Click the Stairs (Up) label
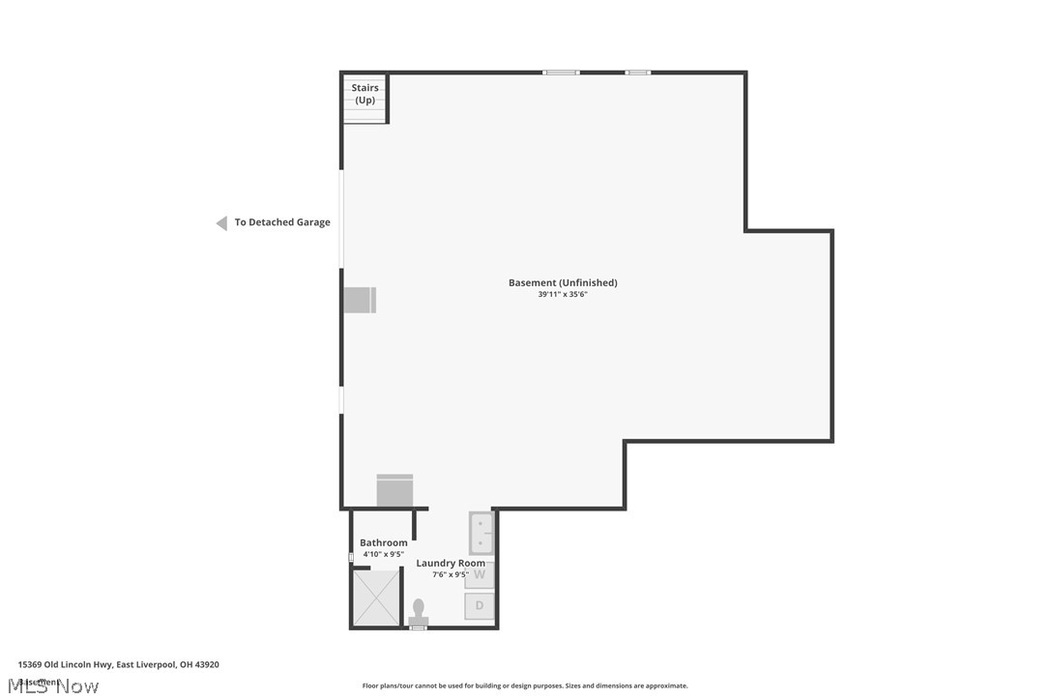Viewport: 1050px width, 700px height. point(365,94)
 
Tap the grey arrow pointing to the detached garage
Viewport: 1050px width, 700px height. point(221,223)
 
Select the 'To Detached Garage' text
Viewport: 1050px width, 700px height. point(282,222)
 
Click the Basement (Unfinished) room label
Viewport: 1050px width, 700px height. point(563,282)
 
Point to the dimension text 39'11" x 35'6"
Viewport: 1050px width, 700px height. point(563,295)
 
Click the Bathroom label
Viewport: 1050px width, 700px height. point(383,542)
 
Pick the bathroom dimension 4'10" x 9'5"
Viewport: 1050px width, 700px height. point(383,554)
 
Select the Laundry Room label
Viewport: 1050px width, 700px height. point(451,563)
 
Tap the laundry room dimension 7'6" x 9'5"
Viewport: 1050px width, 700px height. point(450,574)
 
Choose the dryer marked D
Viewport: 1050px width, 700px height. point(480,606)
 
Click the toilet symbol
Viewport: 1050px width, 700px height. point(419,612)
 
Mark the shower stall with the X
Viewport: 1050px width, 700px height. point(375,597)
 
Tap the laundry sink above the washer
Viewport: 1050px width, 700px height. point(481,532)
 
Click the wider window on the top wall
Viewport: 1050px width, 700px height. point(560,73)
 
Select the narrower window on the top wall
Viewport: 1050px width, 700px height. point(637,73)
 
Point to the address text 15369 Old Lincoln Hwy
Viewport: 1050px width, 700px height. point(118,664)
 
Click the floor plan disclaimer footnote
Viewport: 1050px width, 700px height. point(525,685)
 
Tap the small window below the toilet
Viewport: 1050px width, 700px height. point(418,628)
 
